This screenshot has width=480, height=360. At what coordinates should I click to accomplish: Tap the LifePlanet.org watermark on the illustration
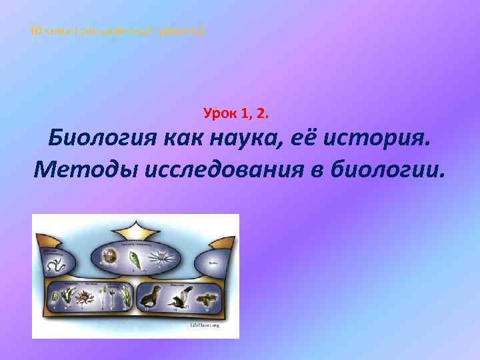tap(205, 325)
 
